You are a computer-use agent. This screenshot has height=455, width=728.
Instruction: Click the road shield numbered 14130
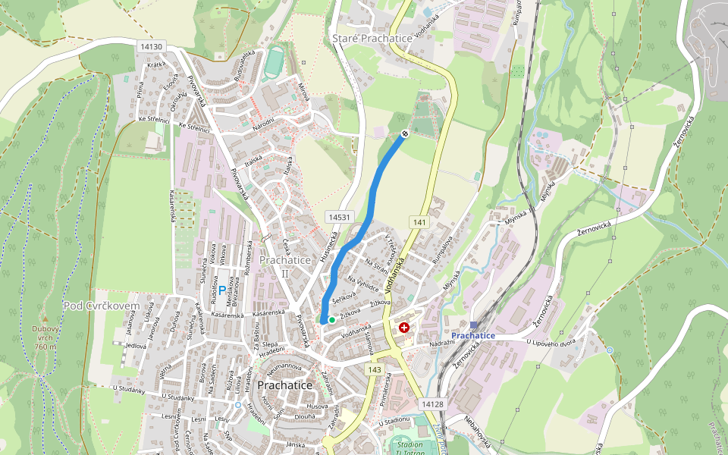tap(152, 47)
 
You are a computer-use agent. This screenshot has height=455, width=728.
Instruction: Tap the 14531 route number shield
tap(340, 217)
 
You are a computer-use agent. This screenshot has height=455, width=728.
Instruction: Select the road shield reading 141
tap(419, 221)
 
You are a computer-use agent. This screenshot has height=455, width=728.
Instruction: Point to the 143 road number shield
tap(374, 369)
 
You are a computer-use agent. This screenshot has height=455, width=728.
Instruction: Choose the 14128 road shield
tap(432, 405)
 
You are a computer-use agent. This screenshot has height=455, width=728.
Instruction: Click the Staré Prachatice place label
tap(372, 38)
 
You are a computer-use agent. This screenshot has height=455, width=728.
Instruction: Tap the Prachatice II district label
tap(285, 266)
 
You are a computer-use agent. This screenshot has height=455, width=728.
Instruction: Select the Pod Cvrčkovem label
tap(102, 306)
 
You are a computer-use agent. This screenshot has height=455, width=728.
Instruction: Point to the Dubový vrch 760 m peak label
tap(45, 337)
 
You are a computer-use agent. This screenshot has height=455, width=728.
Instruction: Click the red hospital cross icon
tap(404, 328)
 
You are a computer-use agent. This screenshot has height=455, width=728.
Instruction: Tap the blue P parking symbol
tap(221, 290)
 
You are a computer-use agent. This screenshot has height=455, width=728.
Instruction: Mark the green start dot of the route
tap(331, 320)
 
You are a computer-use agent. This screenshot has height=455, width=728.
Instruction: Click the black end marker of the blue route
tap(405, 134)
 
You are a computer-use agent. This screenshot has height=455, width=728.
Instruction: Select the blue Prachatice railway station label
tap(472, 335)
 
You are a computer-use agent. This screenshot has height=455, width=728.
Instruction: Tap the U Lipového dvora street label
tap(553, 343)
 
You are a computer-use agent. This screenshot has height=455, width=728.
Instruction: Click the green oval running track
tap(273, 64)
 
